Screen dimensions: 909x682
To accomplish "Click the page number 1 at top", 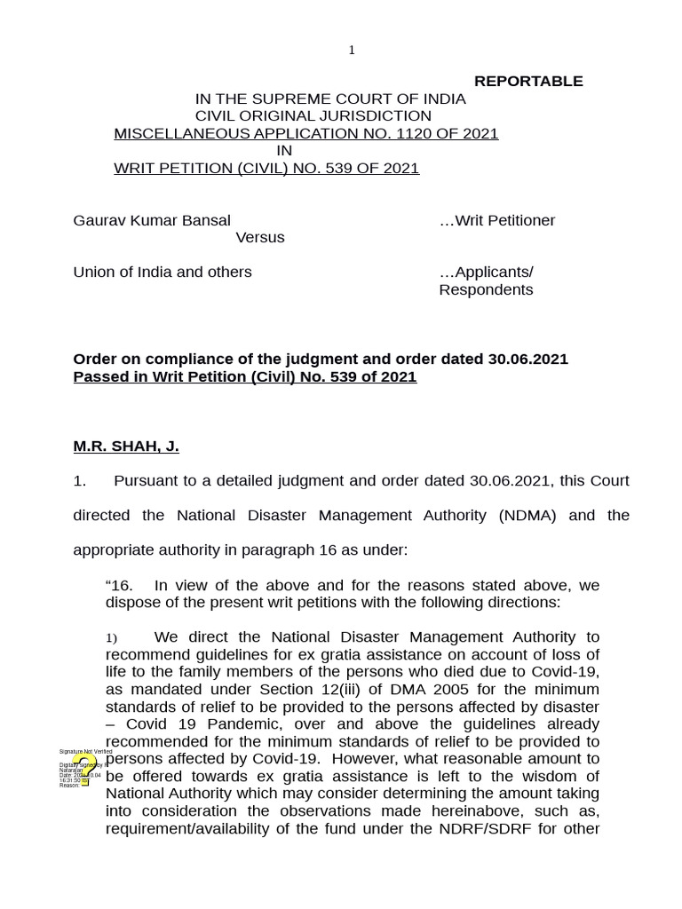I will coord(352,51).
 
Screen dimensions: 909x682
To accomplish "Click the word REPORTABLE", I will coord(528,82).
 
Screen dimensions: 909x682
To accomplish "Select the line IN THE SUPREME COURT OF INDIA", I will coord(330,99).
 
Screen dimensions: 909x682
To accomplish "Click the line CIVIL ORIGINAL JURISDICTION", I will coord(313,116).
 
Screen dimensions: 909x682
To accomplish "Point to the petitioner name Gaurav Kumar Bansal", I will coord(152,220).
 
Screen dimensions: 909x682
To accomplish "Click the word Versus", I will coord(260,238).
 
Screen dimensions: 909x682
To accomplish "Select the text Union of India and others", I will coord(163,272).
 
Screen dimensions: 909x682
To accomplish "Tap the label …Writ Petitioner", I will coord(497,220).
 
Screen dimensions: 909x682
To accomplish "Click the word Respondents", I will coord(486,290).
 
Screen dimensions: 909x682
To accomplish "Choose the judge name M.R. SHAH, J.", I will coord(126,447).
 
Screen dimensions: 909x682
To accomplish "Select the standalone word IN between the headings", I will coord(284,151).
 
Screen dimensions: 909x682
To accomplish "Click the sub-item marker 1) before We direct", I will coord(112,638).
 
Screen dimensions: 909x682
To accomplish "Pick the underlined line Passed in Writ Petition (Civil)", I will coord(244,376).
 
